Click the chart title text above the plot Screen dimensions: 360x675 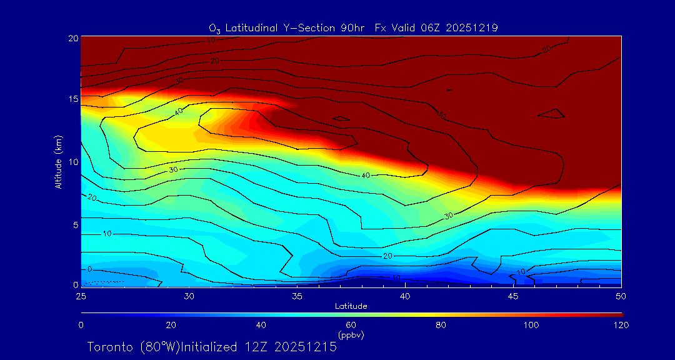353,27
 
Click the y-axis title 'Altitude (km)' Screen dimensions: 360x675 58,161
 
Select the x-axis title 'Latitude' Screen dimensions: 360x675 351,306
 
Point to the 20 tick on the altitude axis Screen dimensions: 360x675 72,38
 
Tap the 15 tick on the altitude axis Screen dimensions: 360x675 72,99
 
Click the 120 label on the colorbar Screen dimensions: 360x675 621,325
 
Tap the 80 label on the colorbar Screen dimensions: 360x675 441,325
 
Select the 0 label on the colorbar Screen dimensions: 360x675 81,325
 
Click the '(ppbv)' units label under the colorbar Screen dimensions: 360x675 351,335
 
